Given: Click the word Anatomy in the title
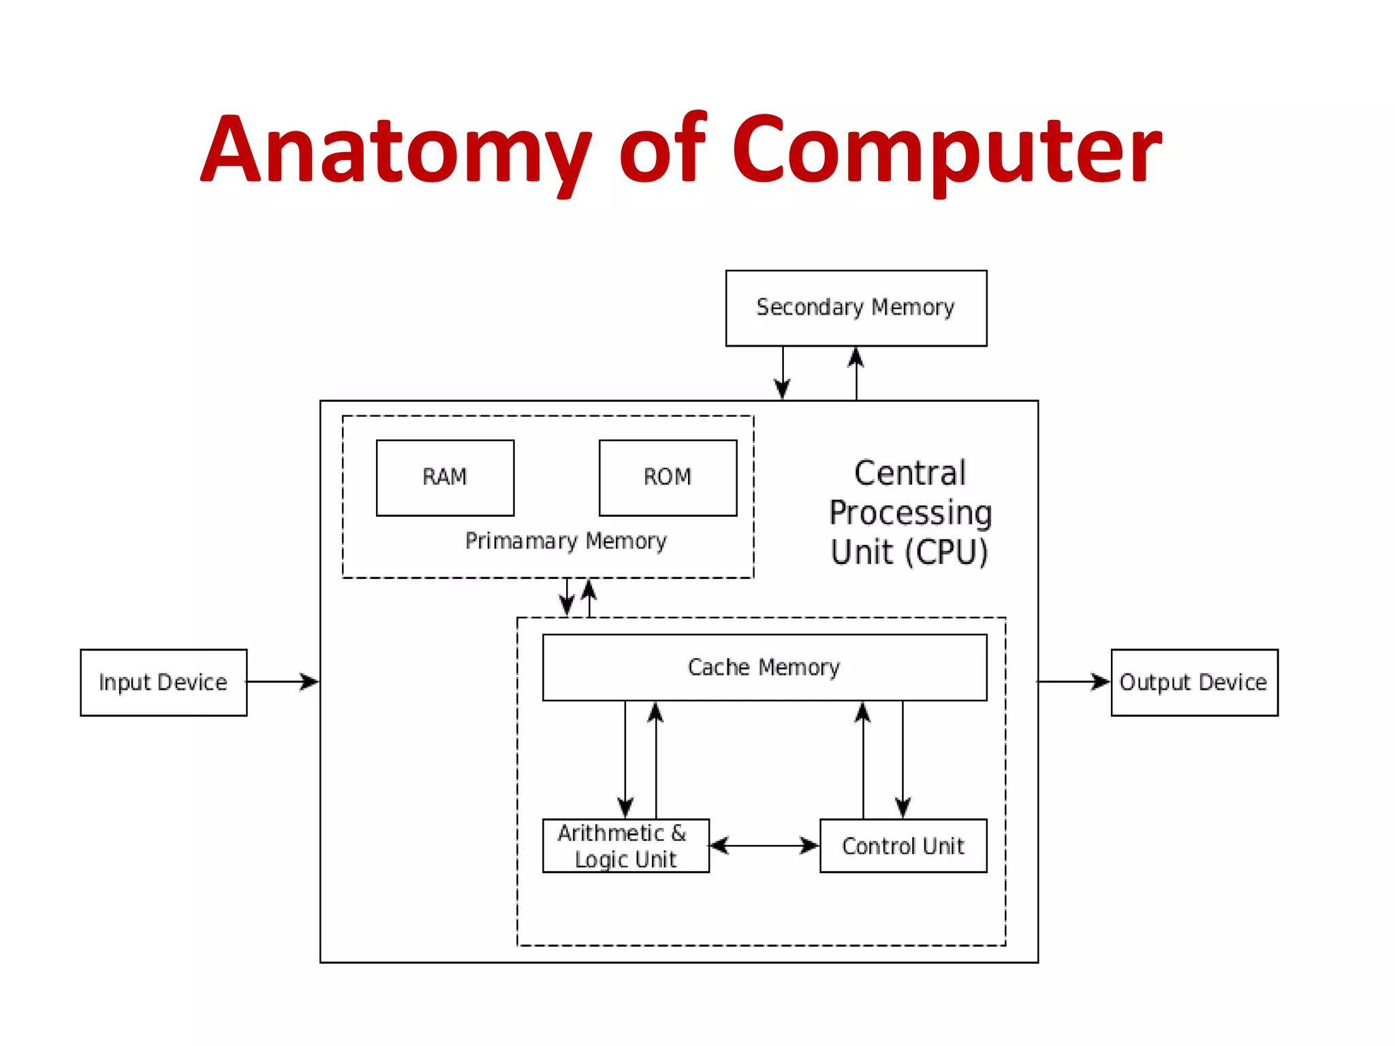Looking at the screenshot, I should pos(395,150).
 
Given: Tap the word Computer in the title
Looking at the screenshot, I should pos(947,150).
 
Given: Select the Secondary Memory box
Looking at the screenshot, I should pos(856,308).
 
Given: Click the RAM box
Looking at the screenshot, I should pos(445,477).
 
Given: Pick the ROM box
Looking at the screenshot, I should pos(668,477).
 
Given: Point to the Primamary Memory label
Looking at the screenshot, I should pos(565,541).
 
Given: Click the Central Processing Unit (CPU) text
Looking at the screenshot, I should pos(910,512).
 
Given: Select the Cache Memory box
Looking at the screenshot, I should pos(764,667).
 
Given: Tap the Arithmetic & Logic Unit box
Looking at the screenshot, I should pos(625,846).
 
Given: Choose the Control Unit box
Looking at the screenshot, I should pos(903,846).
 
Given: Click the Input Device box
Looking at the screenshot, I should pos(163,682).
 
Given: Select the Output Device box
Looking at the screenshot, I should pos(1194,682).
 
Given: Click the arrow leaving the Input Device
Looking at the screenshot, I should pos(283,681).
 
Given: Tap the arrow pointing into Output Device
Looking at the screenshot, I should pos(1074,681).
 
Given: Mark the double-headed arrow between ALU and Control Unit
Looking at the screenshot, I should pos(764,846).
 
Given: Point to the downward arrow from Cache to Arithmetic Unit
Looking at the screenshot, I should pos(625,759).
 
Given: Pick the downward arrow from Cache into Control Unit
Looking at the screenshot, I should pos(903,759).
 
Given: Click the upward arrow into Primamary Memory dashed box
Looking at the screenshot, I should pos(590,598).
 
